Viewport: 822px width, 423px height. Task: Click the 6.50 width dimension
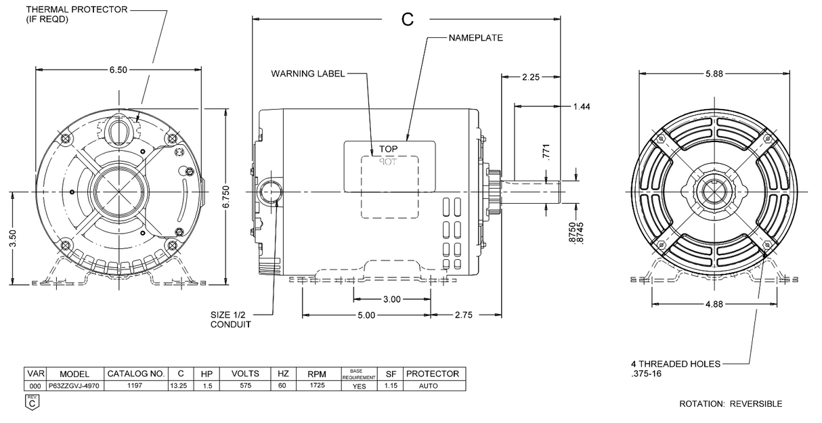tap(118, 69)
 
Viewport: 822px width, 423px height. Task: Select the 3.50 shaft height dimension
tap(13, 239)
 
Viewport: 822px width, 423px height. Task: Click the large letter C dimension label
tap(407, 20)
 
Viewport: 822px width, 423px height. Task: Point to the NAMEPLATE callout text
tap(475, 38)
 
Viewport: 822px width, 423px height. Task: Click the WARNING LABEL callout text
tap(308, 73)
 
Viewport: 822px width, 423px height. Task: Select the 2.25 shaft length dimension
tap(531, 77)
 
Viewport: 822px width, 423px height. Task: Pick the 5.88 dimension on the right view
tap(713, 74)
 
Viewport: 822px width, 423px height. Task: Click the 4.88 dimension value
tap(713, 305)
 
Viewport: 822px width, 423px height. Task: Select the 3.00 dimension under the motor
tap(392, 298)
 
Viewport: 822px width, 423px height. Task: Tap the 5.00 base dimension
tap(366, 315)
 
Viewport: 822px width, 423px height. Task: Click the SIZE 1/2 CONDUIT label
tap(231, 319)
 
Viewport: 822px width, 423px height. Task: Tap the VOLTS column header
tap(245, 374)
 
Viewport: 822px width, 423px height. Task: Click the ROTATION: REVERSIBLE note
tap(731, 404)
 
